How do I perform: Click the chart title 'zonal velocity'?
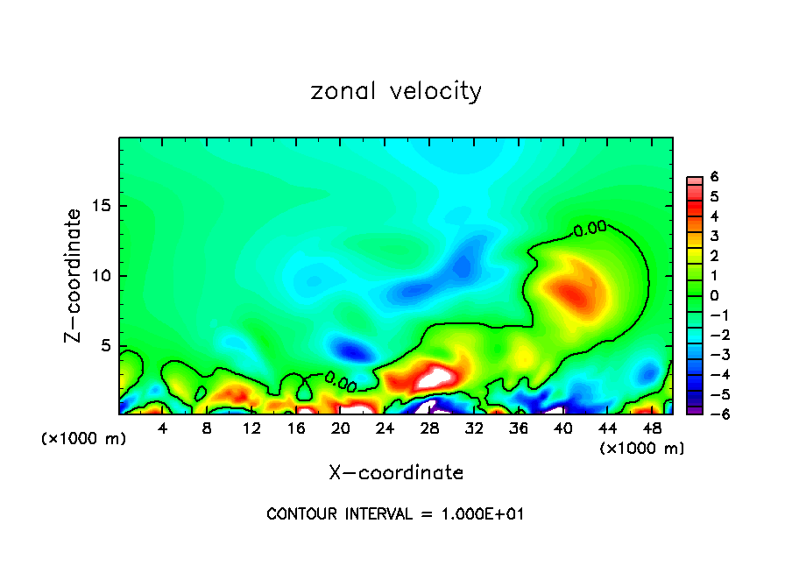[396, 91]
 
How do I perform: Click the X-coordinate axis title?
[396, 473]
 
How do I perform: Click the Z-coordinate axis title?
[75, 275]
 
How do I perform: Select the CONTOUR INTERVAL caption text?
[395, 514]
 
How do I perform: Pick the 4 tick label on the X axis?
[163, 428]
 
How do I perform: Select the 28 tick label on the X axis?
[429, 428]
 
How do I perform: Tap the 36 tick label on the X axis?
[519, 428]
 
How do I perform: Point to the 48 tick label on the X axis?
[652, 428]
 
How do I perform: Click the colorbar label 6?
[714, 177]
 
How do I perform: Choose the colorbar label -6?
[711, 413]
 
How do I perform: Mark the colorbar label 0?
[714, 295]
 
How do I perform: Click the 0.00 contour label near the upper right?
[590, 229]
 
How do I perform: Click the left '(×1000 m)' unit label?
[84, 439]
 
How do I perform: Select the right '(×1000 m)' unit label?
[642, 449]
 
